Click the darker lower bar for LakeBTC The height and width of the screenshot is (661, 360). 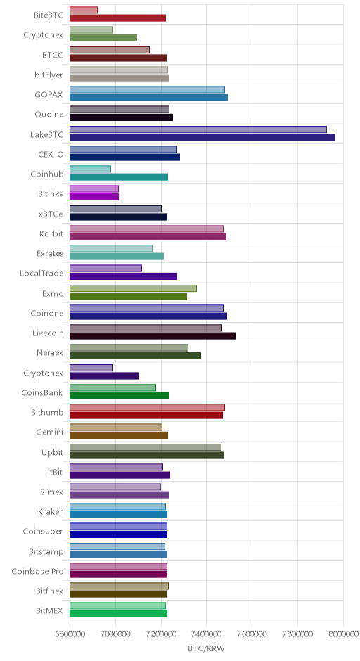[202, 137]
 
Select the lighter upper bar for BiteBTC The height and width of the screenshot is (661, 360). [84, 10]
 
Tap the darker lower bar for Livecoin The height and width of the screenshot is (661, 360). [153, 336]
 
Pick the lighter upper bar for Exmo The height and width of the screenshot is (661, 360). [133, 288]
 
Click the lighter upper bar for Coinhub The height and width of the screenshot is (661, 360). [90, 169]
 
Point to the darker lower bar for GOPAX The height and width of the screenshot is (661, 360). [149, 98]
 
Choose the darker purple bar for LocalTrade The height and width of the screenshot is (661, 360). [124, 276]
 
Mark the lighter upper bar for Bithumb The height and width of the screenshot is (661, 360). [147, 408]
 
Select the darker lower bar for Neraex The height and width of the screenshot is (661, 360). [135, 356]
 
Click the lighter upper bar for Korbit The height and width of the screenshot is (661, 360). [147, 229]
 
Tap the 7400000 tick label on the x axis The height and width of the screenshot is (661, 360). [207, 634]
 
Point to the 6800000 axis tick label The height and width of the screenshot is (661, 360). [70, 634]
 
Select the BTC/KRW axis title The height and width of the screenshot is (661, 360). [207, 649]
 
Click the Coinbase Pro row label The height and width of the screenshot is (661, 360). [37, 572]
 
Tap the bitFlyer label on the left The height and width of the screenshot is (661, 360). [49, 75]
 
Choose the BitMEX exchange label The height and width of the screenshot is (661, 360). [49, 611]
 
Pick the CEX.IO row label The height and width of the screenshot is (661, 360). [51, 154]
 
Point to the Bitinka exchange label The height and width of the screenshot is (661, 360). [51, 194]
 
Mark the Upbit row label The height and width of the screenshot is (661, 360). [52, 453]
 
